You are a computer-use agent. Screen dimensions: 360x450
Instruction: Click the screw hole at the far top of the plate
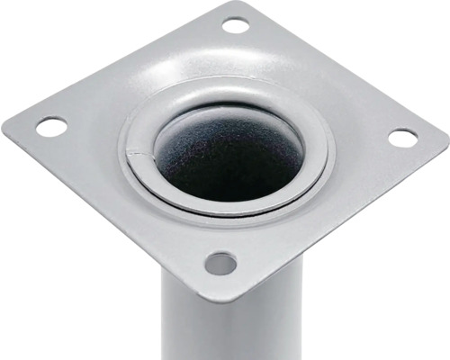pyautogui.click(x=236, y=25)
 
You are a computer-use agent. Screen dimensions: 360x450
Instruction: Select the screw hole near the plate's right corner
pyautogui.click(x=402, y=138)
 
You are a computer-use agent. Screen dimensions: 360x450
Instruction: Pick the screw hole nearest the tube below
pyautogui.click(x=220, y=264)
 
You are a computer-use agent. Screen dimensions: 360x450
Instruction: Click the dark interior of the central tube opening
pyautogui.click(x=229, y=157)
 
